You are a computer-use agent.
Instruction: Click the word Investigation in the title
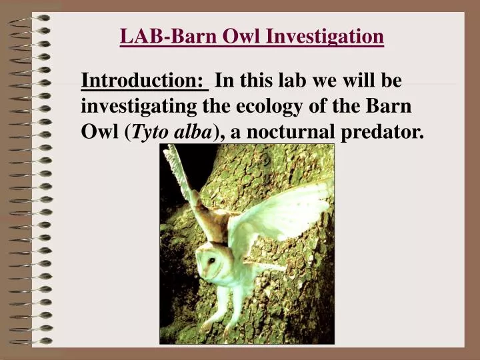(x=325, y=36)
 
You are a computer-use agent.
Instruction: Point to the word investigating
(x=139, y=107)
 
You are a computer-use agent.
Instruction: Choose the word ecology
(x=259, y=107)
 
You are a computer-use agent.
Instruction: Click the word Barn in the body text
(x=391, y=107)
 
